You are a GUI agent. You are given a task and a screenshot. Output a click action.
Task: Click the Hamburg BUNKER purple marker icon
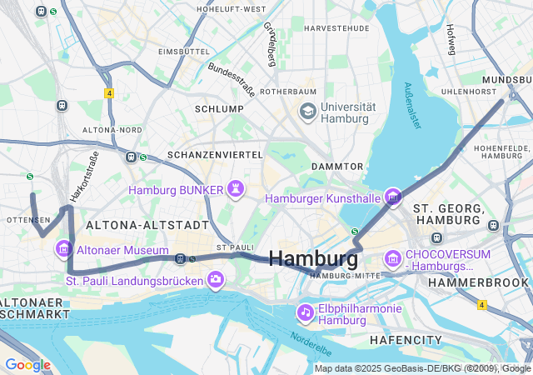(x=237, y=190)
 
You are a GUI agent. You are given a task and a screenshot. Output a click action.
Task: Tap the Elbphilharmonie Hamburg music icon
(x=306, y=312)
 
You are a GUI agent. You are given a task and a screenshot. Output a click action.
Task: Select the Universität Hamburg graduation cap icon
(x=307, y=112)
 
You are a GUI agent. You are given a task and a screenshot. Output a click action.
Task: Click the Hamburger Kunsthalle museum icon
(x=392, y=197)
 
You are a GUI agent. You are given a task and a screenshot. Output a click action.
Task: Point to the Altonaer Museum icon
(x=63, y=248)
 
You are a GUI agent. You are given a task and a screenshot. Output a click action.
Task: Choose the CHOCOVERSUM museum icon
(x=392, y=260)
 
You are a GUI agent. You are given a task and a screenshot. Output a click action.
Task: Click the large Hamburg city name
(x=314, y=257)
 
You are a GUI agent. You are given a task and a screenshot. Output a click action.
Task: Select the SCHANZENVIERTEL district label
(x=216, y=155)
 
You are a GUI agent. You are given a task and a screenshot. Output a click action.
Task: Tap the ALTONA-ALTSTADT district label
(x=147, y=225)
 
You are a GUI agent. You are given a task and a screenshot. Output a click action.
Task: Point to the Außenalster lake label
(x=411, y=104)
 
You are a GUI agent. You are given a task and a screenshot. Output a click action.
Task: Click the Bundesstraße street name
(x=231, y=78)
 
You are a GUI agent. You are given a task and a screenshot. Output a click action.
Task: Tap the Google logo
(x=27, y=365)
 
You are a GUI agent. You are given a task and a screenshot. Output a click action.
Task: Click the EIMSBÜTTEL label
(x=183, y=52)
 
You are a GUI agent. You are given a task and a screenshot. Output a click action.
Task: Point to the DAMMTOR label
(x=336, y=167)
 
